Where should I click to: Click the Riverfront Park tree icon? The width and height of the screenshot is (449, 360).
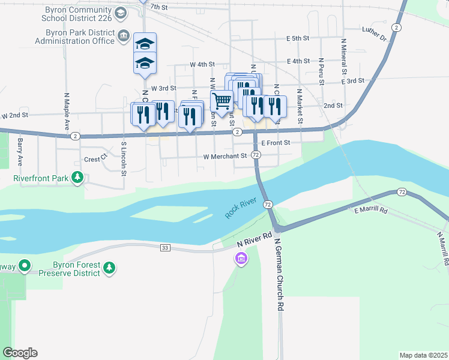(77, 178)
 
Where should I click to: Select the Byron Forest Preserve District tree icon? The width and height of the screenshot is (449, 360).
(109, 268)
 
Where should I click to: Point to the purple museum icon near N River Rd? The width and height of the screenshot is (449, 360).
(241, 259)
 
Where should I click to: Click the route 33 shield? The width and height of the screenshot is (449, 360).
(166, 247)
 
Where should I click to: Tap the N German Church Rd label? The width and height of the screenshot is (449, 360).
(279, 274)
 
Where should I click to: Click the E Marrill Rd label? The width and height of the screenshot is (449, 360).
(372, 211)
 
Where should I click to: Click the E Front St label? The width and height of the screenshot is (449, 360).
(276, 143)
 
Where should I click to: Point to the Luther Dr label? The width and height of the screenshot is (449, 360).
(375, 33)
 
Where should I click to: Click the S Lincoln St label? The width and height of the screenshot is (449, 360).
(123, 158)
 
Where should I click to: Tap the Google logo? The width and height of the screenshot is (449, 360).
(20, 353)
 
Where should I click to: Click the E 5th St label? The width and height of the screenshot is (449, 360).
(297, 38)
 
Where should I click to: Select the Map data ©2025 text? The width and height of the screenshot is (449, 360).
(423, 355)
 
